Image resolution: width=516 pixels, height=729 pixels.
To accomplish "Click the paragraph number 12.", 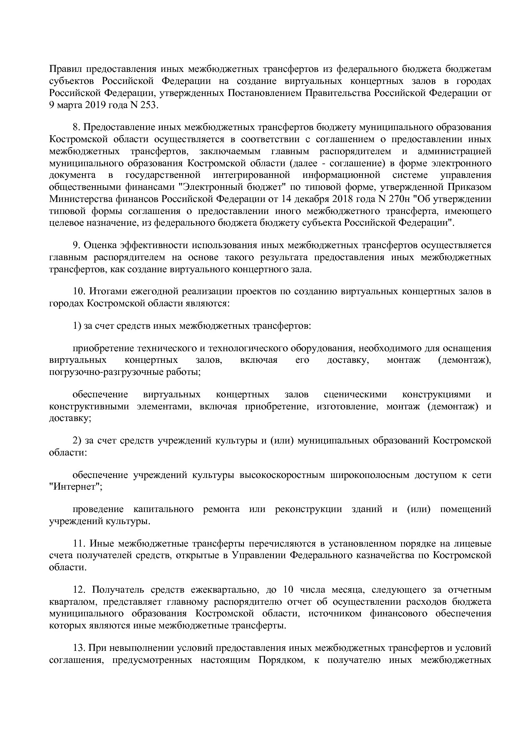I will click(x=79, y=590).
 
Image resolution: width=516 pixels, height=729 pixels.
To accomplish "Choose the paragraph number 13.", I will click(x=79, y=648).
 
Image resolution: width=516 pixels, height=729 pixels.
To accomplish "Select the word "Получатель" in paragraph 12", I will click(x=118, y=590).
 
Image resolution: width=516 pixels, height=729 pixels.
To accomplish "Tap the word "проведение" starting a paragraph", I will click(x=98, y=509).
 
